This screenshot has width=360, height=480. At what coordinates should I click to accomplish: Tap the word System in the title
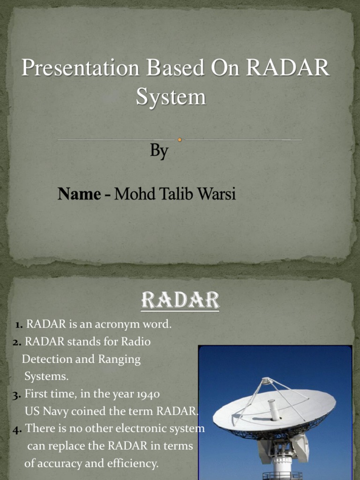(x=171, y=97)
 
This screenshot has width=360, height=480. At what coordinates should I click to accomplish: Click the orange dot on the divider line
(x=180, y=139)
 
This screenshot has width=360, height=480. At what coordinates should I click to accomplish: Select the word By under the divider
(x=159, y=151)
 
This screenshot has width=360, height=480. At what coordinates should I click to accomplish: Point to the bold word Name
(x=79, y=194)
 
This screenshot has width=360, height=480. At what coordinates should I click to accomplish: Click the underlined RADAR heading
(x=180, y=300)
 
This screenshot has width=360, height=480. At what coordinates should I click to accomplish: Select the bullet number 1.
(x=19, y=324)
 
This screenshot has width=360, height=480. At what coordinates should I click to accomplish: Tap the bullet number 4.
(x=18, y=429)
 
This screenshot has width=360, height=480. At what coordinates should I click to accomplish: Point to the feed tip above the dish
(x=267, y=381)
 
